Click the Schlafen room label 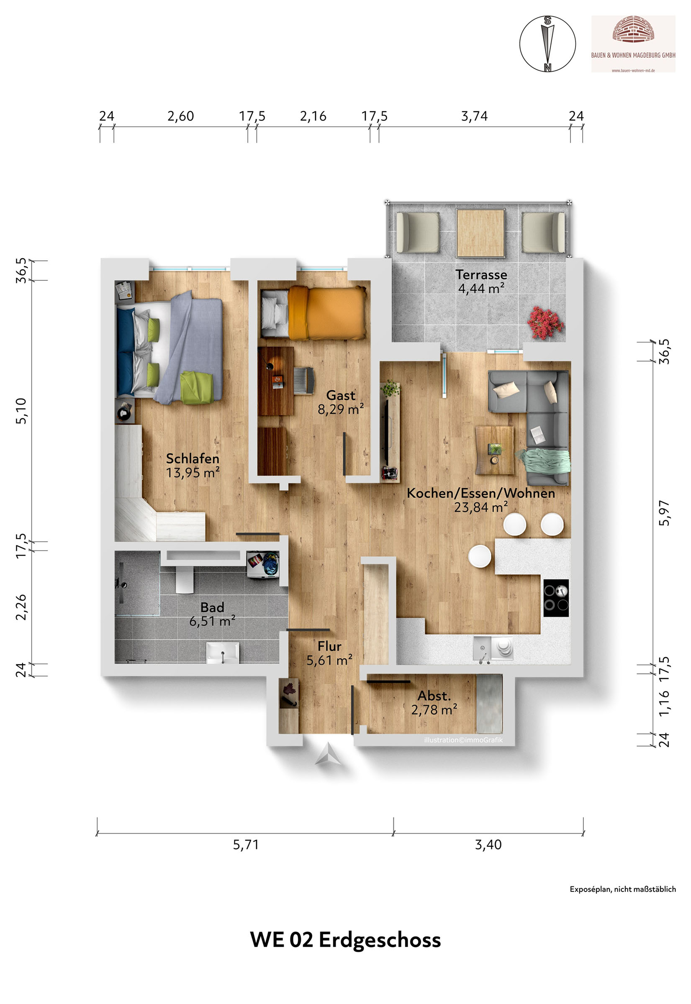tap(193, 458)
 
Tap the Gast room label tap(341, 395)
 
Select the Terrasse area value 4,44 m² tap(481, 288)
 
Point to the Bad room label tap(212, 607)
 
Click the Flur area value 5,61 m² tap(329, 661)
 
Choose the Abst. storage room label tap(434, 696)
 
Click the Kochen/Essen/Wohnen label tap(480, 493)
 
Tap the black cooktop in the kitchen tap(556, 598)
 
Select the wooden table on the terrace tap(480, 233)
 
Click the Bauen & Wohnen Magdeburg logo tap(633, 44)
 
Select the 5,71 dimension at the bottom tap(246, 844)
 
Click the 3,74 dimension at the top tap(474, 116)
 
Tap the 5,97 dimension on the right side tap(664, 513)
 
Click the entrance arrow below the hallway tap(328, 753)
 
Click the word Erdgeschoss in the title tap(380, 940)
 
